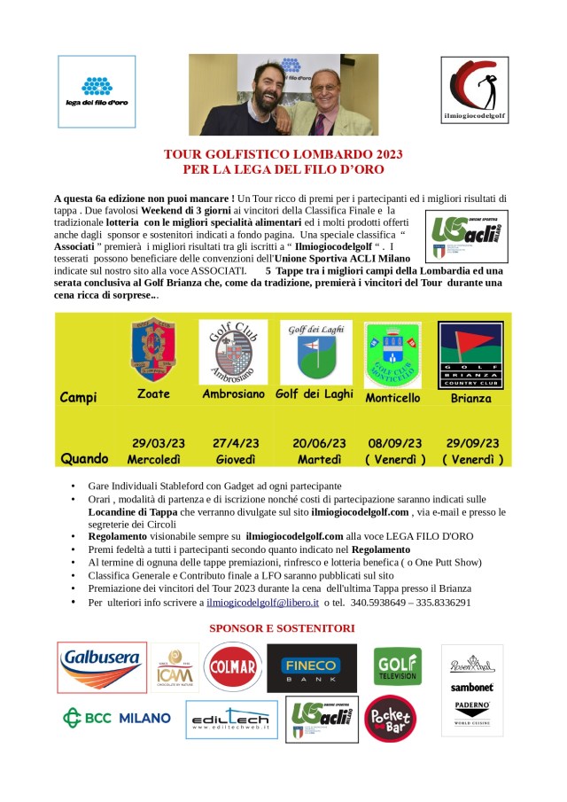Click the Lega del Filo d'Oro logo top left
(x=97, y=90)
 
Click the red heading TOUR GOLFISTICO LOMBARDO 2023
(x=283, y=154)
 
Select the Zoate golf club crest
(x=153, y=353)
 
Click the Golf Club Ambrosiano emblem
(x=233, y=352)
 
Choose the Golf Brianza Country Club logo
(x=470, y=354)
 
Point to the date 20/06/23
(x=316, y=443)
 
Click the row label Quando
(x=85, y=459)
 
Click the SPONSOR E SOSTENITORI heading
(x=282, y=628)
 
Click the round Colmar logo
(x=232, y=666)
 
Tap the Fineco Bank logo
(x=312, y=667)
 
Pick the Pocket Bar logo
(x=390, y=719)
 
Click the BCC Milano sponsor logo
(x=117, y=717)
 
